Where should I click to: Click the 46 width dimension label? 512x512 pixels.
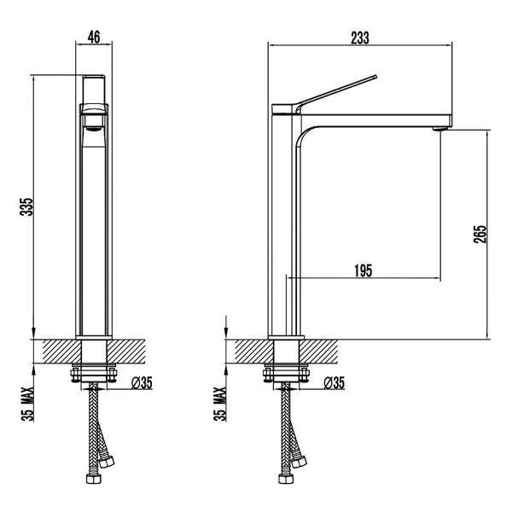click(94, 37)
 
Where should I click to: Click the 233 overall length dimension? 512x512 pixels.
click(360, 38)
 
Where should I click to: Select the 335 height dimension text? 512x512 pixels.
click(26, 207)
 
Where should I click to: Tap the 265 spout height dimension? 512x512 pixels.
click(480, 234)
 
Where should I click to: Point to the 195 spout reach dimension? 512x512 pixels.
click(364, 271)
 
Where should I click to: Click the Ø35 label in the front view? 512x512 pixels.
click(142, 382)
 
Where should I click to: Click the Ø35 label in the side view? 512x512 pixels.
click(335, 382)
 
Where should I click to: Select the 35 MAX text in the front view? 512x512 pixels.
click(28, 404)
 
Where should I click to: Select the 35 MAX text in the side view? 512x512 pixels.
click(220, 404)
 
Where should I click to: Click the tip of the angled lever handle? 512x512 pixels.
click(375, 77)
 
